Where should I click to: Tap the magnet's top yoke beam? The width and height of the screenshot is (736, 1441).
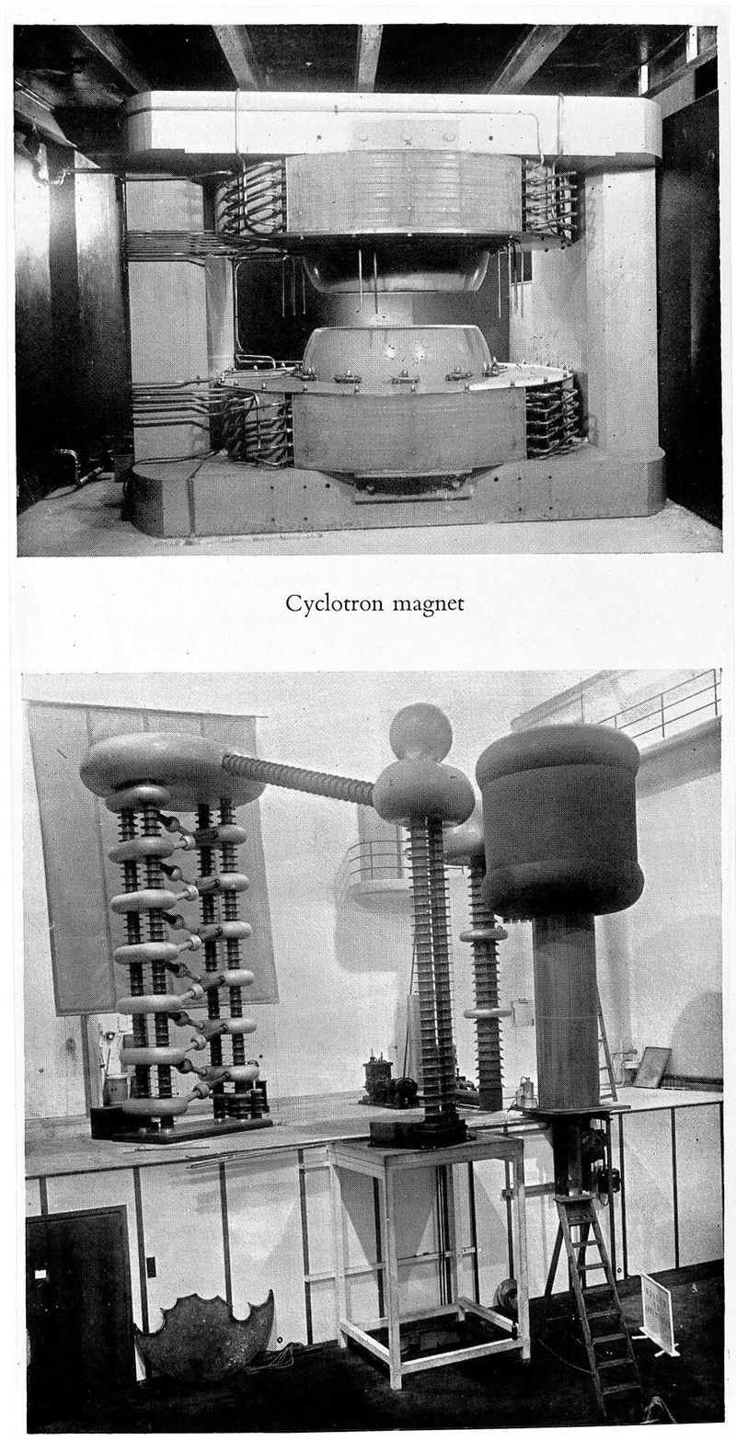(394, 124)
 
